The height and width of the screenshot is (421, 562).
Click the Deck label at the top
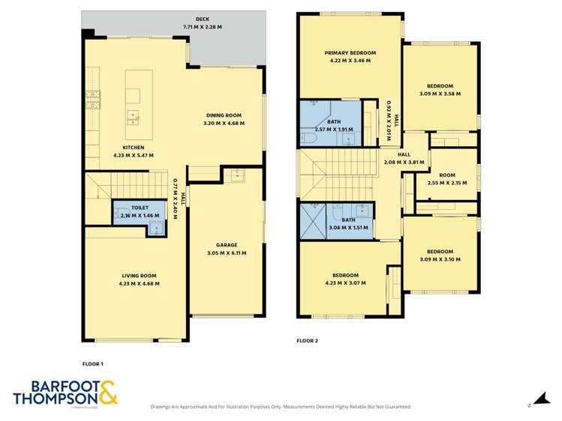203,19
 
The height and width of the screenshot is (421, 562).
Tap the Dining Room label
224,115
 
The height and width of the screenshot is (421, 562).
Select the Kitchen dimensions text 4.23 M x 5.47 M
134,156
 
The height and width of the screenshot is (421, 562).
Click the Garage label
227,245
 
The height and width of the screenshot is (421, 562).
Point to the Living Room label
139,276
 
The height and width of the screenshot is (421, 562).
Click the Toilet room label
139,208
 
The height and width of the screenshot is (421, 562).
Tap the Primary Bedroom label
350,53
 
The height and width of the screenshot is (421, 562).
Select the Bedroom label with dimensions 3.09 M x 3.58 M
440,86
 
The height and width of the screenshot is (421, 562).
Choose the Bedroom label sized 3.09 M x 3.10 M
440,251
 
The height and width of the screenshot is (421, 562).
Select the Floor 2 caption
308,341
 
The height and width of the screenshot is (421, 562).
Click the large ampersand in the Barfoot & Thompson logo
106,393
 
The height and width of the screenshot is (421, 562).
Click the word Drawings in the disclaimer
164,407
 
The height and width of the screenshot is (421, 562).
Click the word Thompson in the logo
53,398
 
